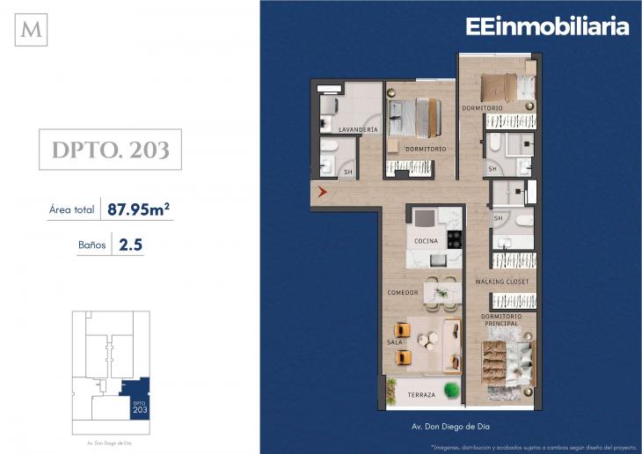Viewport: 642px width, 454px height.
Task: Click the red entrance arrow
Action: (x=322, y=191)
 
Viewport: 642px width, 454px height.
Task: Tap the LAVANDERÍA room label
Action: (x=358, y=129)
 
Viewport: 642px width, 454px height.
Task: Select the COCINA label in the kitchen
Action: (x=426, y=241)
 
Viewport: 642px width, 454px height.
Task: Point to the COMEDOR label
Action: (x=403, y=293)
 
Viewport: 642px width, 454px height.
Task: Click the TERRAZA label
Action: (x=421, y=395)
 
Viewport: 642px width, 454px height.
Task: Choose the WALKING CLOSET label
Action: (x=502, y=282)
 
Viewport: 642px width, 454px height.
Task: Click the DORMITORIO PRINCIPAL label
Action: (x=501, y=320)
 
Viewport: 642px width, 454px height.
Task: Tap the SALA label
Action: (x=395, y=342)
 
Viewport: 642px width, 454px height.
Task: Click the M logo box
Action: (x=31, y=30)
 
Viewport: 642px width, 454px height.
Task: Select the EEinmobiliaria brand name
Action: (x=547, y=26)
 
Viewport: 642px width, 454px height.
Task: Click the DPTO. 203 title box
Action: (x=110, y=150)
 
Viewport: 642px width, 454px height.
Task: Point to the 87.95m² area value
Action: (x=138, y=209)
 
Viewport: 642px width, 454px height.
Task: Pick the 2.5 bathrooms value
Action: (x=131, y=245)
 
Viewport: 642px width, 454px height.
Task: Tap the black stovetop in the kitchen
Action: (x=455, y=239)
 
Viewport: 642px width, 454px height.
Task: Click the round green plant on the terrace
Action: (x=452, y=389)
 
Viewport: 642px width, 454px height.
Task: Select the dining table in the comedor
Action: (x=442, y=293)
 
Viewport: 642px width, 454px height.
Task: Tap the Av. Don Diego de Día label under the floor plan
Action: (x=450, y=427)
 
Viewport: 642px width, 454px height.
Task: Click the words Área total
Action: (x=71, y=209)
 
